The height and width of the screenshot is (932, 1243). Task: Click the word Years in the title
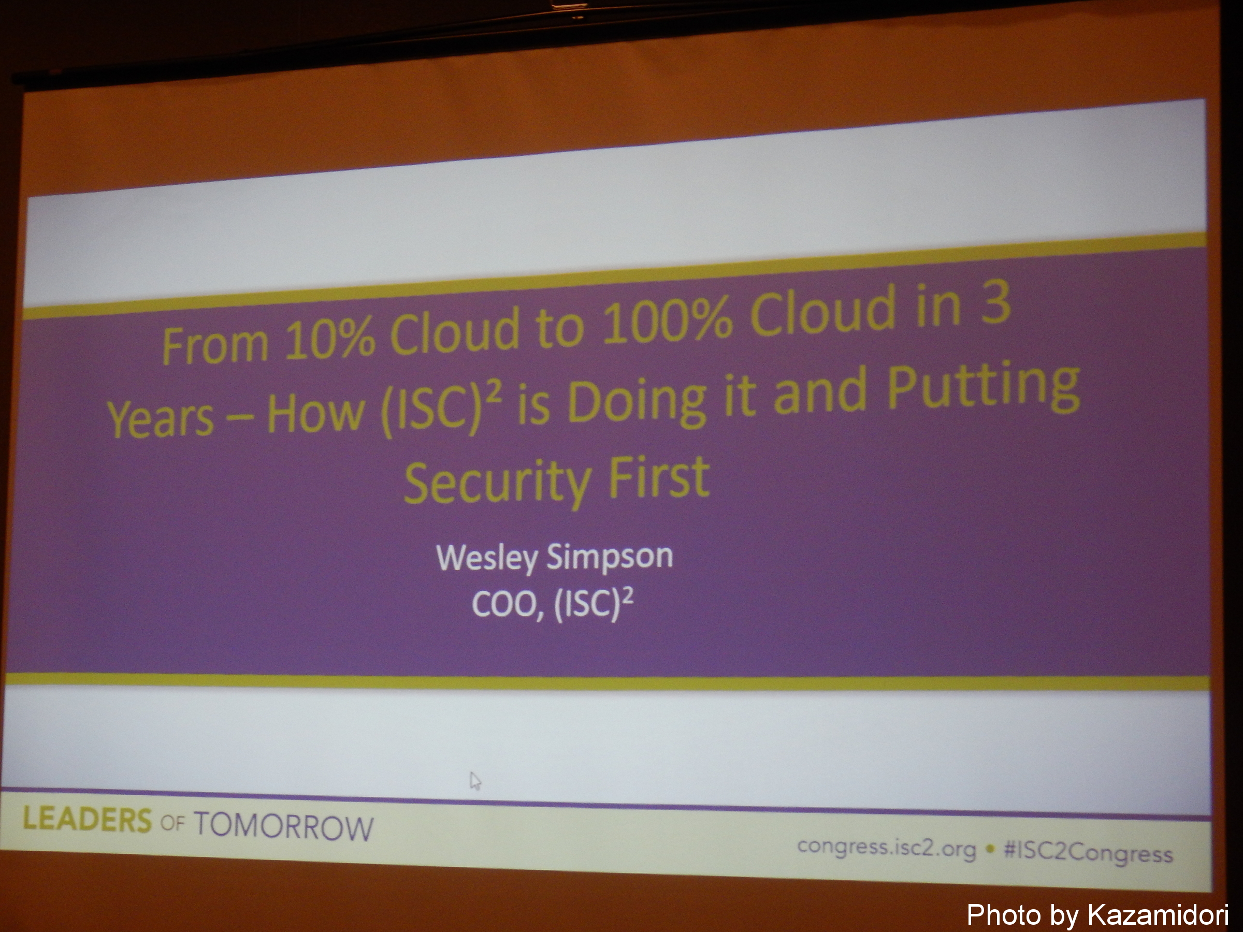coord(161,418)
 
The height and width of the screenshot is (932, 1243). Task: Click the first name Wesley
coord(487,557)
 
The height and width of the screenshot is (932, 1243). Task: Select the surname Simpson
coord(610,556)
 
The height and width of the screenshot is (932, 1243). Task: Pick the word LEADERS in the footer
coord(87,820)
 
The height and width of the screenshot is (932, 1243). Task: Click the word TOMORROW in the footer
coord(284,826)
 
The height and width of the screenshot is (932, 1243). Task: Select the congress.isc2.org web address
coord(886,847)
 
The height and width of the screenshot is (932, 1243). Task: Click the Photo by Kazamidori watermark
coord(1097,914)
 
